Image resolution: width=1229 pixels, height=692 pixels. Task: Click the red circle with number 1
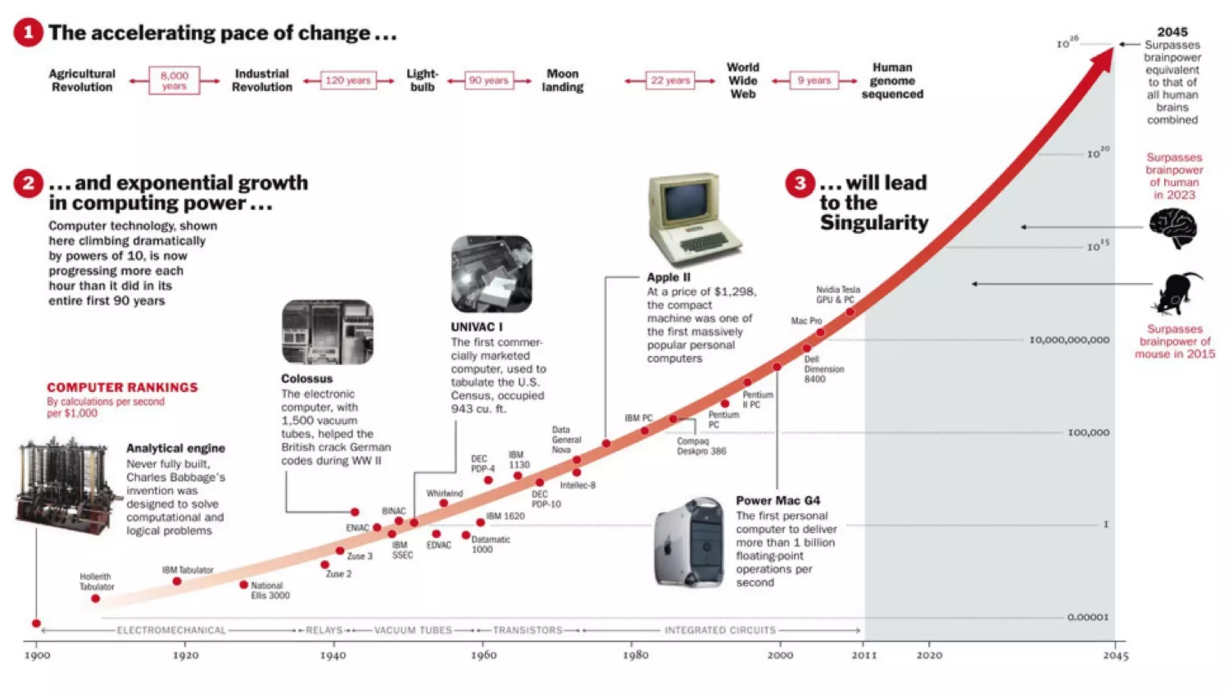pyautogui.click(x=28, y=32)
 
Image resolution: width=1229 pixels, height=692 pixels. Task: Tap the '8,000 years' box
pyautogui.click(x=174, y=80)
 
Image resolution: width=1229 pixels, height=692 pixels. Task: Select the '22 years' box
pyautogui.click(x=670, y=80)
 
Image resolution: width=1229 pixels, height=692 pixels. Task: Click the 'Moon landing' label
pyautogui.click(x=562, y=80)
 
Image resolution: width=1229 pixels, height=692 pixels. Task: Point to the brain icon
pyautogui.click(x=1173, y=228)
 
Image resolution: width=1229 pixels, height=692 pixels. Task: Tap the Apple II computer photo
pyautogui.click(x=695, y=220)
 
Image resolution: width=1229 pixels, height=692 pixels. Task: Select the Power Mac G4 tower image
pyautogui.click(x=689, y=542)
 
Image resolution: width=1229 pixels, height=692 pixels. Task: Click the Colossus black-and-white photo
pyautogui.click(x=328, y=332)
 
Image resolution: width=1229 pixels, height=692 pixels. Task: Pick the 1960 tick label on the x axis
pyautogui.click(x=483, y=655)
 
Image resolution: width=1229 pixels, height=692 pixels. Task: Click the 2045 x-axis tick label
pyautogui.click(x=1115, y=656)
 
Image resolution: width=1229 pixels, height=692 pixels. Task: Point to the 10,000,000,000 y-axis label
pyautogui.click(x=1069, y=340)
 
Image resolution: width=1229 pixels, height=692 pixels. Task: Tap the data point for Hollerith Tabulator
pyautogui.click(x=95, y=599)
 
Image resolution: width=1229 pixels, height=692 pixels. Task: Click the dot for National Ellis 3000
pyautogui.click(x=244, y=584)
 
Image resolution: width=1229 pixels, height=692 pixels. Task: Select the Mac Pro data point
pyautogui.click(x=820, y=332)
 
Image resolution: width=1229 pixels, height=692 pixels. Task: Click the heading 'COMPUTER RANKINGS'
pyautogui.click(x=122, y=387)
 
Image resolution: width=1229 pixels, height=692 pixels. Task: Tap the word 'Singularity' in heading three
pyautogui.click(x=874, y=223)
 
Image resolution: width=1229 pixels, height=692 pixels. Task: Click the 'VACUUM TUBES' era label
pyautogui.click(x=413, y=630)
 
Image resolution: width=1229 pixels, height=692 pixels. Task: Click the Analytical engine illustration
pyautogui.click(x=63, y=487)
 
